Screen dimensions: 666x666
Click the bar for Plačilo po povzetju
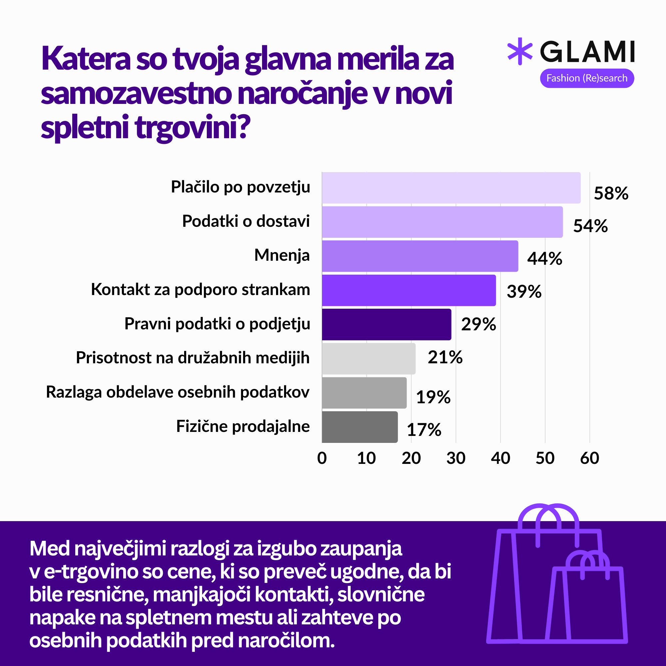(x=451, y=188)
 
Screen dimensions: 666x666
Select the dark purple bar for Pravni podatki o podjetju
(x=386, y=324)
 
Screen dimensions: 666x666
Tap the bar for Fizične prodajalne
(x=360, y=427)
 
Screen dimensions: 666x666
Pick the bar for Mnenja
(x=420, y=256)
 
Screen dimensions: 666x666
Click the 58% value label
(x=611, y=193)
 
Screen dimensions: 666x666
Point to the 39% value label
(x=524, y=292)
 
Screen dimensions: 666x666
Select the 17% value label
(x=424, y=430)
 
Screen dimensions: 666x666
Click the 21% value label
(x=445, y=357)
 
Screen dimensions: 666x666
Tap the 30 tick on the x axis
(x=456, y=458)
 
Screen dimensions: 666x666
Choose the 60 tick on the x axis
(x=589, y=458)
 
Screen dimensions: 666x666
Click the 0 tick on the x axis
(x=322, y=458)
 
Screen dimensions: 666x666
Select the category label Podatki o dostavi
(x=246, y=221)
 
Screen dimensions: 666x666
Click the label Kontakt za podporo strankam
(x=200, y=290)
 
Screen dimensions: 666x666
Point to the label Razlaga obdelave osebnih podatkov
(x=177, y=392)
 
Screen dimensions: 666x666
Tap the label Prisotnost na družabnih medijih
(x=192, y=358)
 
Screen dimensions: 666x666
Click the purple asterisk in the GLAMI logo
(x=520, y=51)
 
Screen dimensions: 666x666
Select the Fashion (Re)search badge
(x=587, y=78)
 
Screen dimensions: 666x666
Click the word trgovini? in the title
(x=192, y=128)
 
